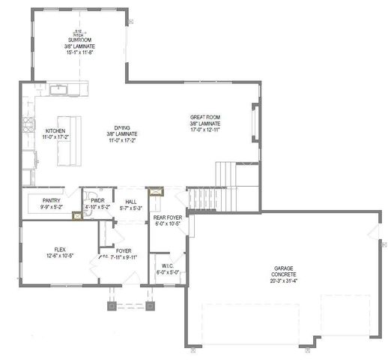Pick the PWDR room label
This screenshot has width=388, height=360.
tap(97, 201)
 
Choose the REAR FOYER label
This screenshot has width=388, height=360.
tap(166, 217)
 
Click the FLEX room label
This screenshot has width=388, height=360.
tap(60, 250)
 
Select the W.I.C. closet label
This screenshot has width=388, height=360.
tap(168, 266)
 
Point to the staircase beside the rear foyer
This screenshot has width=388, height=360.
tap(201, 199)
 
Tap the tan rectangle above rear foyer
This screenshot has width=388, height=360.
tap(156, 192)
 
